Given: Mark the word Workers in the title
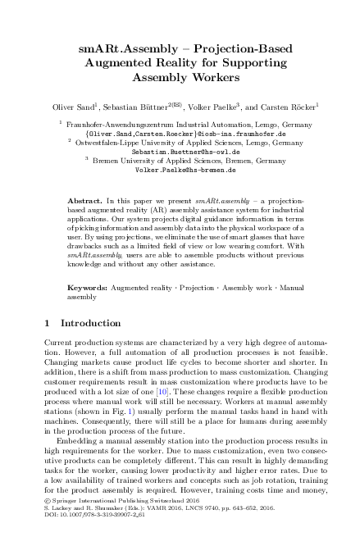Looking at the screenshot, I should coord(212,80).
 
